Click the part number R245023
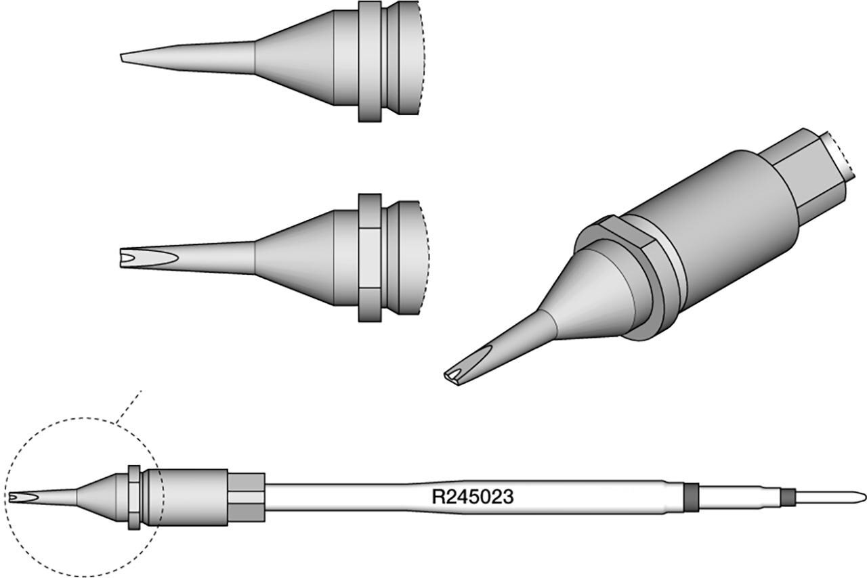pyautogui.click(x=473, y=497)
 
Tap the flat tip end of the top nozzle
pyautogui.click(x=122, y=58)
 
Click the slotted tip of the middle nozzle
pyautogui.click(x=149, y=257)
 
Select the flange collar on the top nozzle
pyautogui.click(x=370, y=62)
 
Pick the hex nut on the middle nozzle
pyautogui.click(x=370, y=258)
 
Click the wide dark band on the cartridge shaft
pyautogui.click(x=692, y=497)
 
